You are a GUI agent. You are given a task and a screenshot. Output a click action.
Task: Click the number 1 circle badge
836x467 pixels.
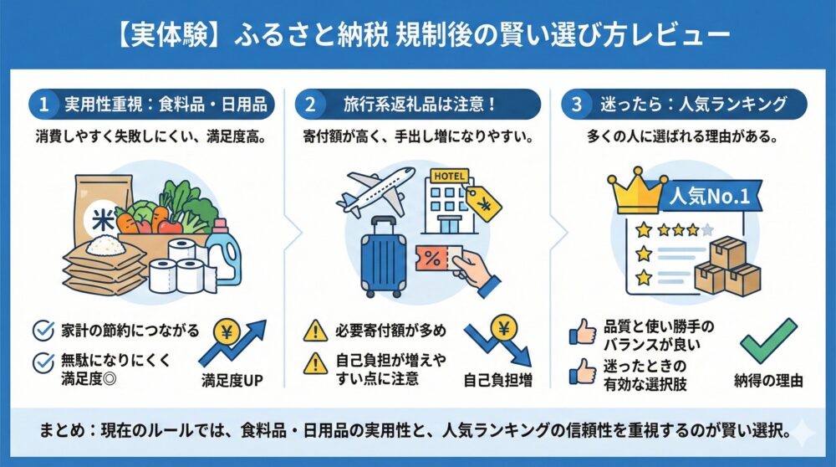[x=43, y=105]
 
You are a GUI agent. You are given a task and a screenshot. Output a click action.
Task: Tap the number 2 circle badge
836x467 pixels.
[x=310, y=105]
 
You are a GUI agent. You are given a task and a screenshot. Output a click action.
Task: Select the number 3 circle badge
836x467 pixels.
[x=577, y=105]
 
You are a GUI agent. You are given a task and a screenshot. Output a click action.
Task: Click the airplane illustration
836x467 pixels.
[x=374, y=189]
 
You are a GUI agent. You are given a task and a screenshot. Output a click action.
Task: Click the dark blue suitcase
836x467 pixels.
[x=384, y=256]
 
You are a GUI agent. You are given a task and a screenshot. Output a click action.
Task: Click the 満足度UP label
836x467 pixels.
[x=232, y=381]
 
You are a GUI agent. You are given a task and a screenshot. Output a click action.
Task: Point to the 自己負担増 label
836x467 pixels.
[x=498, y=381]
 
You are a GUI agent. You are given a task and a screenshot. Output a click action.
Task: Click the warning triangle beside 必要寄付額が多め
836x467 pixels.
[x=315, y=331]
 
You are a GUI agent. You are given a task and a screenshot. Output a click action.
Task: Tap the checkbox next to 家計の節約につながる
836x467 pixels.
[x=43, y=331]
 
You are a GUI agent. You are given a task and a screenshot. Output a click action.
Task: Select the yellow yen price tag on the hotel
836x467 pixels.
[x=482, y=203]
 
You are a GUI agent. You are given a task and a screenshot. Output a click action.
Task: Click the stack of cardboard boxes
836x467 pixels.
[x=727, y=266]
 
